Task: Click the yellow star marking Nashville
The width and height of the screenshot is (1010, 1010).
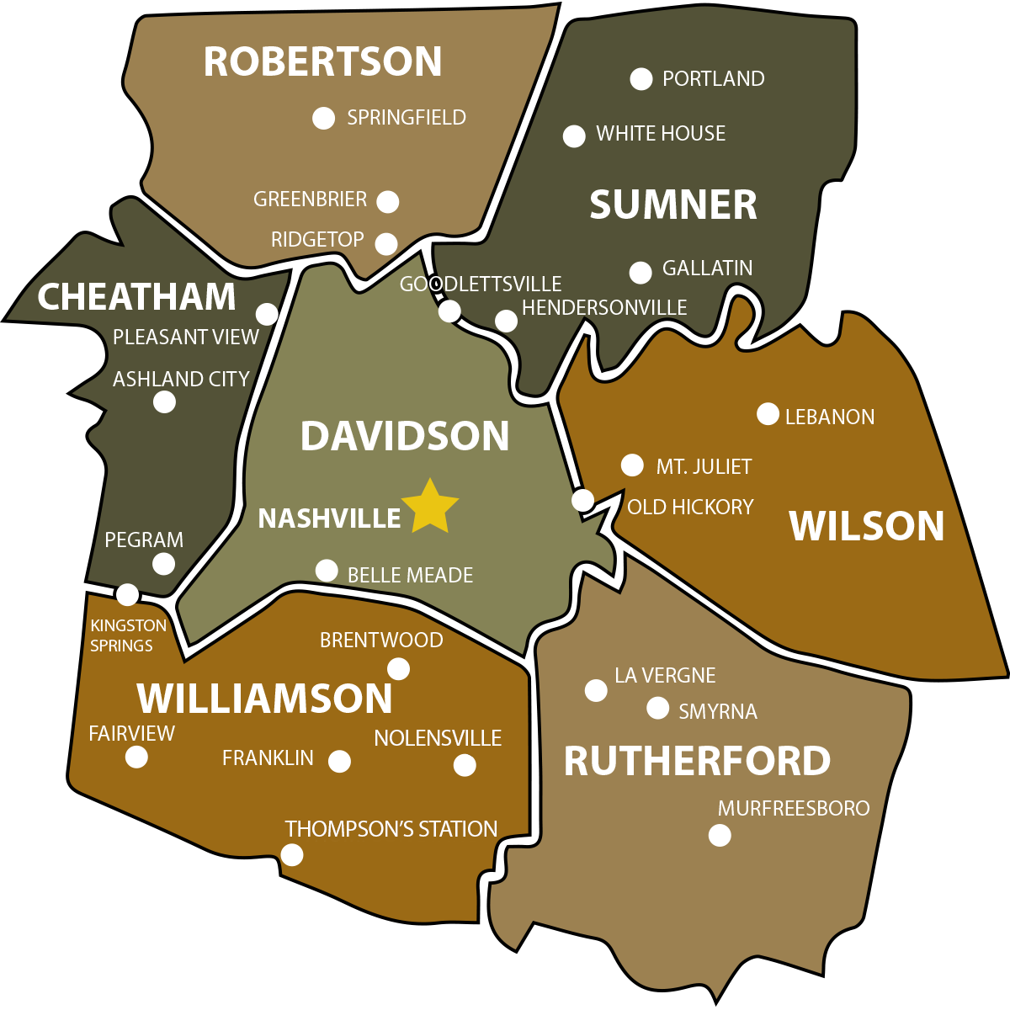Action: coord(430,508)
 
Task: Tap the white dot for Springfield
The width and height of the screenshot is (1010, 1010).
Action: coord(323,118)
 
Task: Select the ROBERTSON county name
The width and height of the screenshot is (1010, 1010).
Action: coord(322,62)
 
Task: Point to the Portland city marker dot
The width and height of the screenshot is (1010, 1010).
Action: coord(641,79)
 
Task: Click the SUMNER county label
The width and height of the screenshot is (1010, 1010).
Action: coord(673,205)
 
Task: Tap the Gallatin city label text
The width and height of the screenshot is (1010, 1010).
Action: coord(707,268)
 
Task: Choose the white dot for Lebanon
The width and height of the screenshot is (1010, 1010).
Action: coord(768,414)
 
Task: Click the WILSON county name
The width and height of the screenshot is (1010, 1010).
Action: coord(867,527)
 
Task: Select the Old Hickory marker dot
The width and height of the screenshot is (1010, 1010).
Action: coord(582,501)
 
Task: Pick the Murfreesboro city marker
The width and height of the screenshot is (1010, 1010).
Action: coord(720,835)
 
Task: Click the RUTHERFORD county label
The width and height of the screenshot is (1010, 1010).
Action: coord(697,762)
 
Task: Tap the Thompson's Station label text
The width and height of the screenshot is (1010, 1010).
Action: coord(391,829)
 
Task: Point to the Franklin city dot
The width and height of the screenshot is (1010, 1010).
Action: coord(339,762)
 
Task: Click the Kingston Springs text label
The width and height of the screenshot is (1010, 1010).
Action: coord(129,635)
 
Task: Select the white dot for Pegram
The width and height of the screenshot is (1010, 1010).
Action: coord(163,564)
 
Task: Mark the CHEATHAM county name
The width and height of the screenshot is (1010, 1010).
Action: coord(136,297)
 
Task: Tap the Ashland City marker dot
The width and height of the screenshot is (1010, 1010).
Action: coord(164,401)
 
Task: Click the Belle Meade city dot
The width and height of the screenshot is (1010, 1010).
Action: coord(327,571)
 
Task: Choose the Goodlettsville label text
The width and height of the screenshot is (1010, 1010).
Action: coord(480,284)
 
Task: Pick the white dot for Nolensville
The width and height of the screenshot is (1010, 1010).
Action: coord(465,765)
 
